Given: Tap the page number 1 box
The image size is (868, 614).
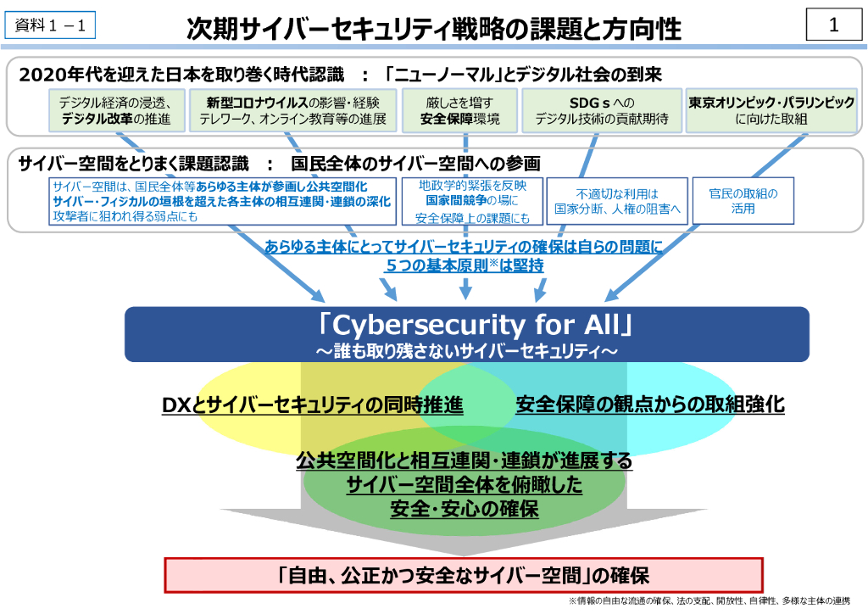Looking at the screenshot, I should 833,25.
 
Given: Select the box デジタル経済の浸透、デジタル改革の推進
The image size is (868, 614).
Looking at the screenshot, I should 116,110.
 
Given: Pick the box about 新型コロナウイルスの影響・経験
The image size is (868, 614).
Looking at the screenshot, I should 292,110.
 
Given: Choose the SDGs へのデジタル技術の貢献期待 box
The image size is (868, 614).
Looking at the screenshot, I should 601,110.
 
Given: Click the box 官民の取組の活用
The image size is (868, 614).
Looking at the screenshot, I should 743,200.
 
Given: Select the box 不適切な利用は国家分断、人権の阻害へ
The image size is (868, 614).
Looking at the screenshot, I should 617,200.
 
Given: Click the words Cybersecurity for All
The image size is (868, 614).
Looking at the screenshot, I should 466,325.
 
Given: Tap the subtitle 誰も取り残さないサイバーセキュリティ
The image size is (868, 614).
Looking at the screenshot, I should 466,349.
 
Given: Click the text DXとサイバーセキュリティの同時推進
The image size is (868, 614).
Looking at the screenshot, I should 313,405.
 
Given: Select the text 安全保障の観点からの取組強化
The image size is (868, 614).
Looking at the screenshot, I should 650,405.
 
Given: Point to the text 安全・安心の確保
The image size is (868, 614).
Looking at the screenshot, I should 465,510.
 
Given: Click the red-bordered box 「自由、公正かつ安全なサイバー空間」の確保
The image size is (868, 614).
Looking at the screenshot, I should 464,575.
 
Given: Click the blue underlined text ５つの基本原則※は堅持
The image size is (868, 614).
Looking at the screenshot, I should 465,265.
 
